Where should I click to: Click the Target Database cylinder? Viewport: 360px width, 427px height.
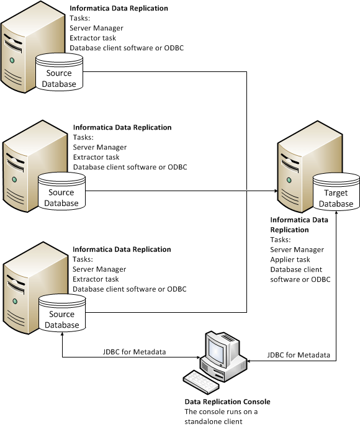tap(336, 193)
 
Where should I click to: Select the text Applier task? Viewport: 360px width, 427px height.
tap(291, 259)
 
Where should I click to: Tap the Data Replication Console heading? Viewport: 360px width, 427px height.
tap(227, 402)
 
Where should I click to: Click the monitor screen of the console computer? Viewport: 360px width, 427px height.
tap(218, 351)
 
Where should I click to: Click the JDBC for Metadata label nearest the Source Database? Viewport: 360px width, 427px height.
tap(134, 352)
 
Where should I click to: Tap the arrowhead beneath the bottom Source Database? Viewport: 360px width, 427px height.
tap(63, 336)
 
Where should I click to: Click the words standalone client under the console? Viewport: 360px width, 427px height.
tap(212, 420)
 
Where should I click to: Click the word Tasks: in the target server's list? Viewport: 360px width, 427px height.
tap(281, 240)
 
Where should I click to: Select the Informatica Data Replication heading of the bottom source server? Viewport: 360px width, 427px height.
tap(122, 249)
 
